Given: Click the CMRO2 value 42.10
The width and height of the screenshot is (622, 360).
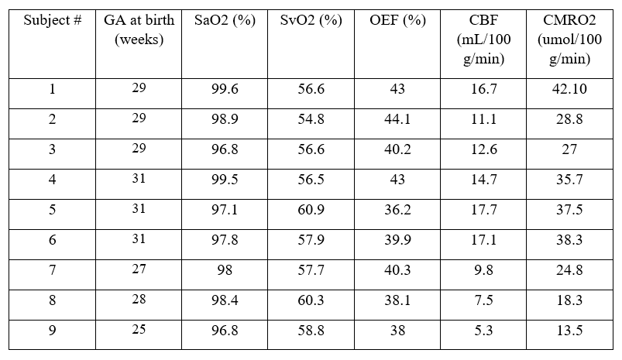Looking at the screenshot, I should tap(569, 90).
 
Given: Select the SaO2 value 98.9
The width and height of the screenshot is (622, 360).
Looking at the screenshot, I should tap(224, 120).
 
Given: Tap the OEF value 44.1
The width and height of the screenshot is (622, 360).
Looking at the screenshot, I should tap(397, 120).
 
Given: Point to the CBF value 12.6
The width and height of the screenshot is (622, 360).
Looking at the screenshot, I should tap(483, 149).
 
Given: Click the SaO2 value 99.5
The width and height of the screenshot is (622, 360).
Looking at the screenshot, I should tap(224, 180).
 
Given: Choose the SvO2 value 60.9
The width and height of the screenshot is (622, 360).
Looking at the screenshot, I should tap(310, 211).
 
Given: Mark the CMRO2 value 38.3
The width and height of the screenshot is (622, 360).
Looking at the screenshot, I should tap(569, 241).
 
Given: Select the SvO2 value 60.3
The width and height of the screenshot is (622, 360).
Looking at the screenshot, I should tap(310, 301).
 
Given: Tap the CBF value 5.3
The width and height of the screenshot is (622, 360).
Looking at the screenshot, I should tap(483, 331).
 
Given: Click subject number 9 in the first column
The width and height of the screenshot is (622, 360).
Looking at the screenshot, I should tap(53, 331).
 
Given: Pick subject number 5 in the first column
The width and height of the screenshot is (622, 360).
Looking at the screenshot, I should tap(53, 211).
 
